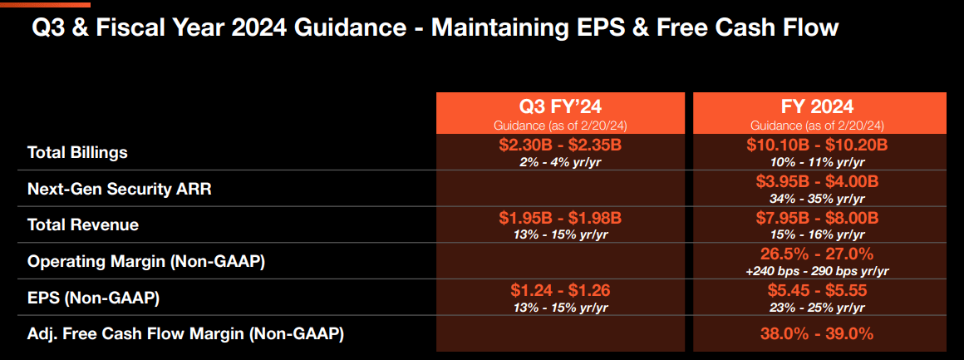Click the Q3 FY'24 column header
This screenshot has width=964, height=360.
click(x=560, y=106)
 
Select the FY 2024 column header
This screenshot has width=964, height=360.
click(x=819, y=106)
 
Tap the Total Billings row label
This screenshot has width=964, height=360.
click(x=77, y=152)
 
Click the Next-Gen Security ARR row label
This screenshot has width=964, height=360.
click(x=120, y=189)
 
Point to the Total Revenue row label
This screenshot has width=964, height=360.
click(x=83, y=224)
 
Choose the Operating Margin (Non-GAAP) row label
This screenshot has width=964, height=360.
click(x=146, y=261)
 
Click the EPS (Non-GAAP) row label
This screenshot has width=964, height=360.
click(x=93, y=297)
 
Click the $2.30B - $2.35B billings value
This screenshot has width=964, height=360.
click(x=560, y=145)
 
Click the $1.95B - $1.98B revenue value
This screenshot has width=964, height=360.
click(x=560, y=218)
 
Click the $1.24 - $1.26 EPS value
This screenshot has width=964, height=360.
click(x=560, y=290)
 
